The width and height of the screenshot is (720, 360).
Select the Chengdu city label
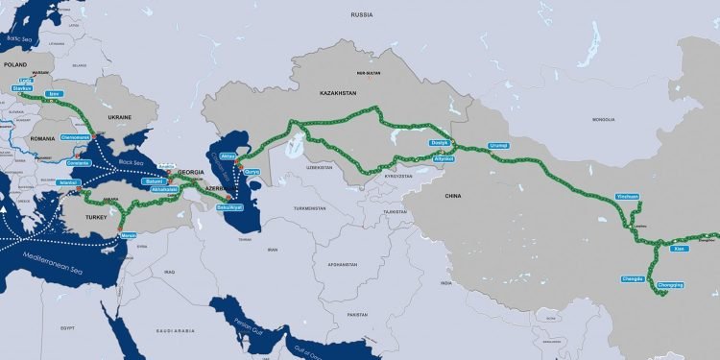632,278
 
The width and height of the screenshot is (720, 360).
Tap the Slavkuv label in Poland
23,88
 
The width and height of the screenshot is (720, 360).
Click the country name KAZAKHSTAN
337,93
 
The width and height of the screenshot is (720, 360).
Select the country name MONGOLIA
603,120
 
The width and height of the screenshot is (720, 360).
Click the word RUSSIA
361,15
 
